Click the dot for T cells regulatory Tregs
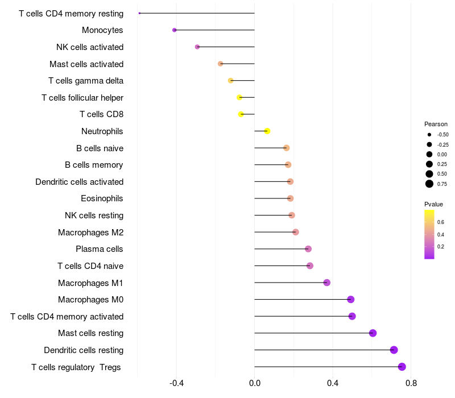click(402, 367)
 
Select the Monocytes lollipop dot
click(175, 30)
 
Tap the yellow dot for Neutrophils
click(267, 131)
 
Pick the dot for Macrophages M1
click(327, 283)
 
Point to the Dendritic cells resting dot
click(394, 350)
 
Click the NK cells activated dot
click(197, 47)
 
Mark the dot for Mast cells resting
click(373, 333)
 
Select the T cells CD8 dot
click(241, 114)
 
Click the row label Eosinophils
click(102, 198)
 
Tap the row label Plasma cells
click(100, 249)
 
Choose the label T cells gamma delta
click(86, 81)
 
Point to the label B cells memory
click(94, 165)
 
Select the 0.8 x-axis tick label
click(411, 383)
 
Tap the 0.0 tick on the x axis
click(254, 383)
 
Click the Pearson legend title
click(436, 124)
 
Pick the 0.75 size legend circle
click(429, 184)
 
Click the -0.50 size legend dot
click(429, 135)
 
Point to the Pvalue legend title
click(433, 204)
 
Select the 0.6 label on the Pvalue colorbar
click(441, 222)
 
